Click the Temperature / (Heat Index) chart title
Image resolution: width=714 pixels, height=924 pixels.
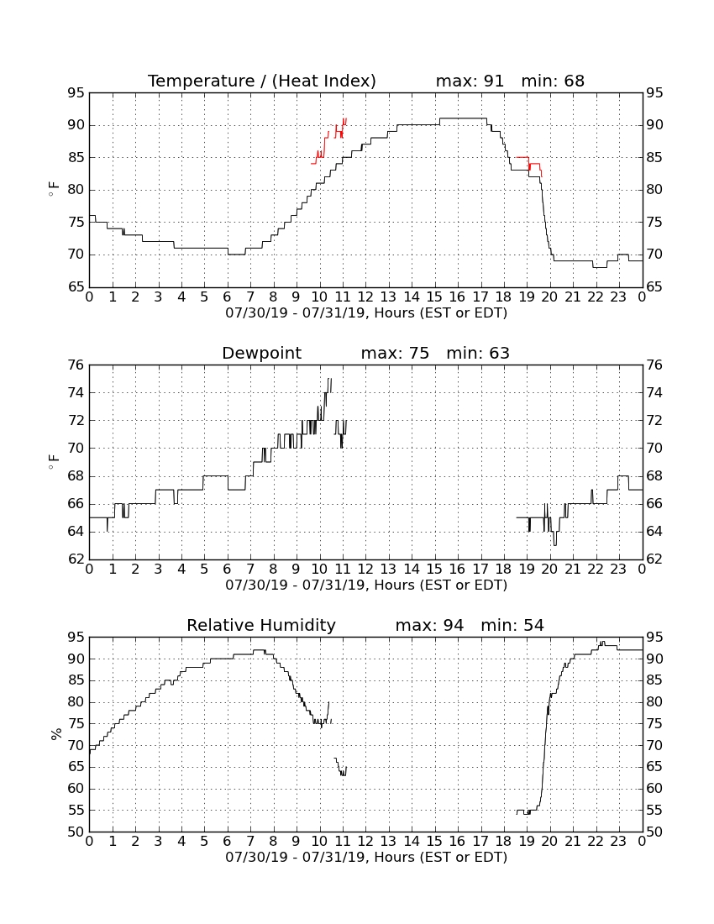coord(261,81)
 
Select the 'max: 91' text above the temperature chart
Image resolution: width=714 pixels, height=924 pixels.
coord(470,81)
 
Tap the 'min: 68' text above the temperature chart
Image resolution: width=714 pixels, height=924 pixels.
coord(553,81)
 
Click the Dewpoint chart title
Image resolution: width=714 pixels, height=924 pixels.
coord(261,354)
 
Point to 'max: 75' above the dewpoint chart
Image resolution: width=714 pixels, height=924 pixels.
coord(395,354)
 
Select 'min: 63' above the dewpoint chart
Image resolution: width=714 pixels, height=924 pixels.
coord(478,354)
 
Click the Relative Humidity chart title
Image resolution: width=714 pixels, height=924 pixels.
coord(261,625)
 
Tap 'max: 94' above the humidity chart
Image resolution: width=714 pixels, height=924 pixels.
coord(429,625)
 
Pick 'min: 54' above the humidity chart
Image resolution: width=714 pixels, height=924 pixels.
coord(512,625)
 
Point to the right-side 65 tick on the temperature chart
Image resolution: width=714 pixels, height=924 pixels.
coord(654,287)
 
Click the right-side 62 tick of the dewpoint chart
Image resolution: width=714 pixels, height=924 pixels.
coord(654,559)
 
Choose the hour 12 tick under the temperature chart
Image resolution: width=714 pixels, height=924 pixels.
coord(365,297)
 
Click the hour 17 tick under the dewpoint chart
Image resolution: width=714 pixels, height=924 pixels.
coord(480,570)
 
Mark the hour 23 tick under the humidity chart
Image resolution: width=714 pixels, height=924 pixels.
coord(618,842)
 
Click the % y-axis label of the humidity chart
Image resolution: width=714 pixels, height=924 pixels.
coord(56,734)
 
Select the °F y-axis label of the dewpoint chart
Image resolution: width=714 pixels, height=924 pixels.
coord(54,462)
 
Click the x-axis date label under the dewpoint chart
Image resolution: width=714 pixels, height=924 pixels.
coord(366,585)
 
